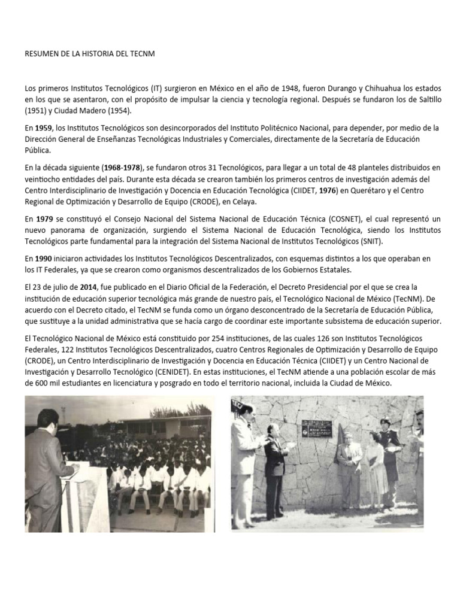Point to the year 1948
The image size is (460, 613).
(x=288, y=88)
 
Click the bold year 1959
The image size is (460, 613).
(x=44, y=128)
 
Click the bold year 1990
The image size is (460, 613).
(x=44, y=258)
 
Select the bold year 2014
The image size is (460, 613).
(x=88, y=287)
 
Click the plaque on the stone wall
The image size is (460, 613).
(x=316, y=428)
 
